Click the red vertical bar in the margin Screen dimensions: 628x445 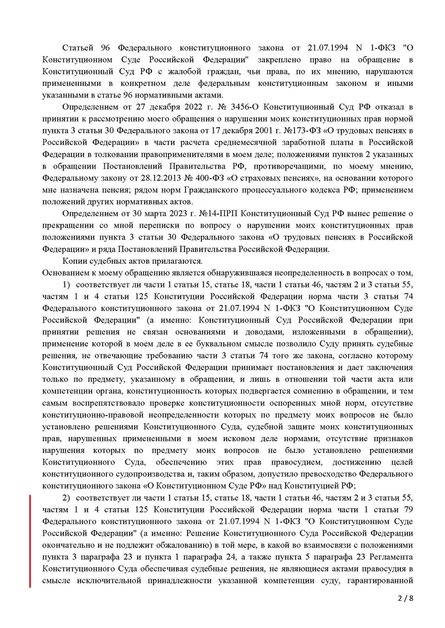[30, 541]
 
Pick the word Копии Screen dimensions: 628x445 [75, 261]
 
